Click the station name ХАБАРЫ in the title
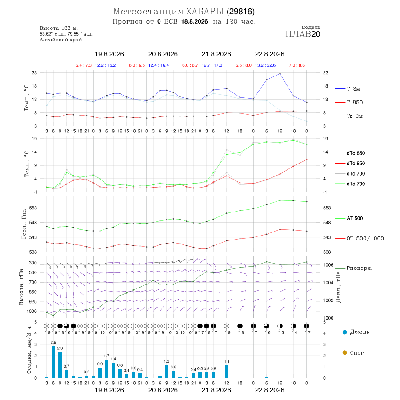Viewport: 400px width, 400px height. pyautogui.click(x=205, y=12)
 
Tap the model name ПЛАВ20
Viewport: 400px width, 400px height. pyautogui.click(x=303, y=34)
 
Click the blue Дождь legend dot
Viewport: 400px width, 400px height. pyautogui.click(x=344, y=332)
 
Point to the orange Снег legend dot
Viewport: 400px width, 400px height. pyautogui.click(x=344, y=353)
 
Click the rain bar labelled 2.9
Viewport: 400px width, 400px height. pyautogui.click(x=53, y=362)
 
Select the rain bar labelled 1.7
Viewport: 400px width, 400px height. pyautogui.click(x=107, y=368)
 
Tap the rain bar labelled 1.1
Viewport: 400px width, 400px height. pyautogui.click(x=227, y=372)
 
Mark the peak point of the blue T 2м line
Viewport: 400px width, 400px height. pyautogui.click(x=280, y=74)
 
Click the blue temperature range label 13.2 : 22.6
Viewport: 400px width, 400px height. pyautogui.click(x=265, y=65)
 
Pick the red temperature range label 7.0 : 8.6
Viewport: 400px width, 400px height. pyautogui.click(x=297, y=65)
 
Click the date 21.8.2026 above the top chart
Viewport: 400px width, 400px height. pyautogui.click(x=216, y=54)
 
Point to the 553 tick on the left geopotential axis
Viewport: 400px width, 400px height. pyautogui.click(x=33, y=208)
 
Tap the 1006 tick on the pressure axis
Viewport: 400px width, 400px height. pyautogui.click(x=328, y=265)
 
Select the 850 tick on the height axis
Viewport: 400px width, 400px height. pyautogui.click(x=32, y=292)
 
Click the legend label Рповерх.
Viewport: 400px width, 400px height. pyautogui.click(x=359, y=268)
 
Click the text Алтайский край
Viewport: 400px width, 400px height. pyautogui.click(x=61, y=40)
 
